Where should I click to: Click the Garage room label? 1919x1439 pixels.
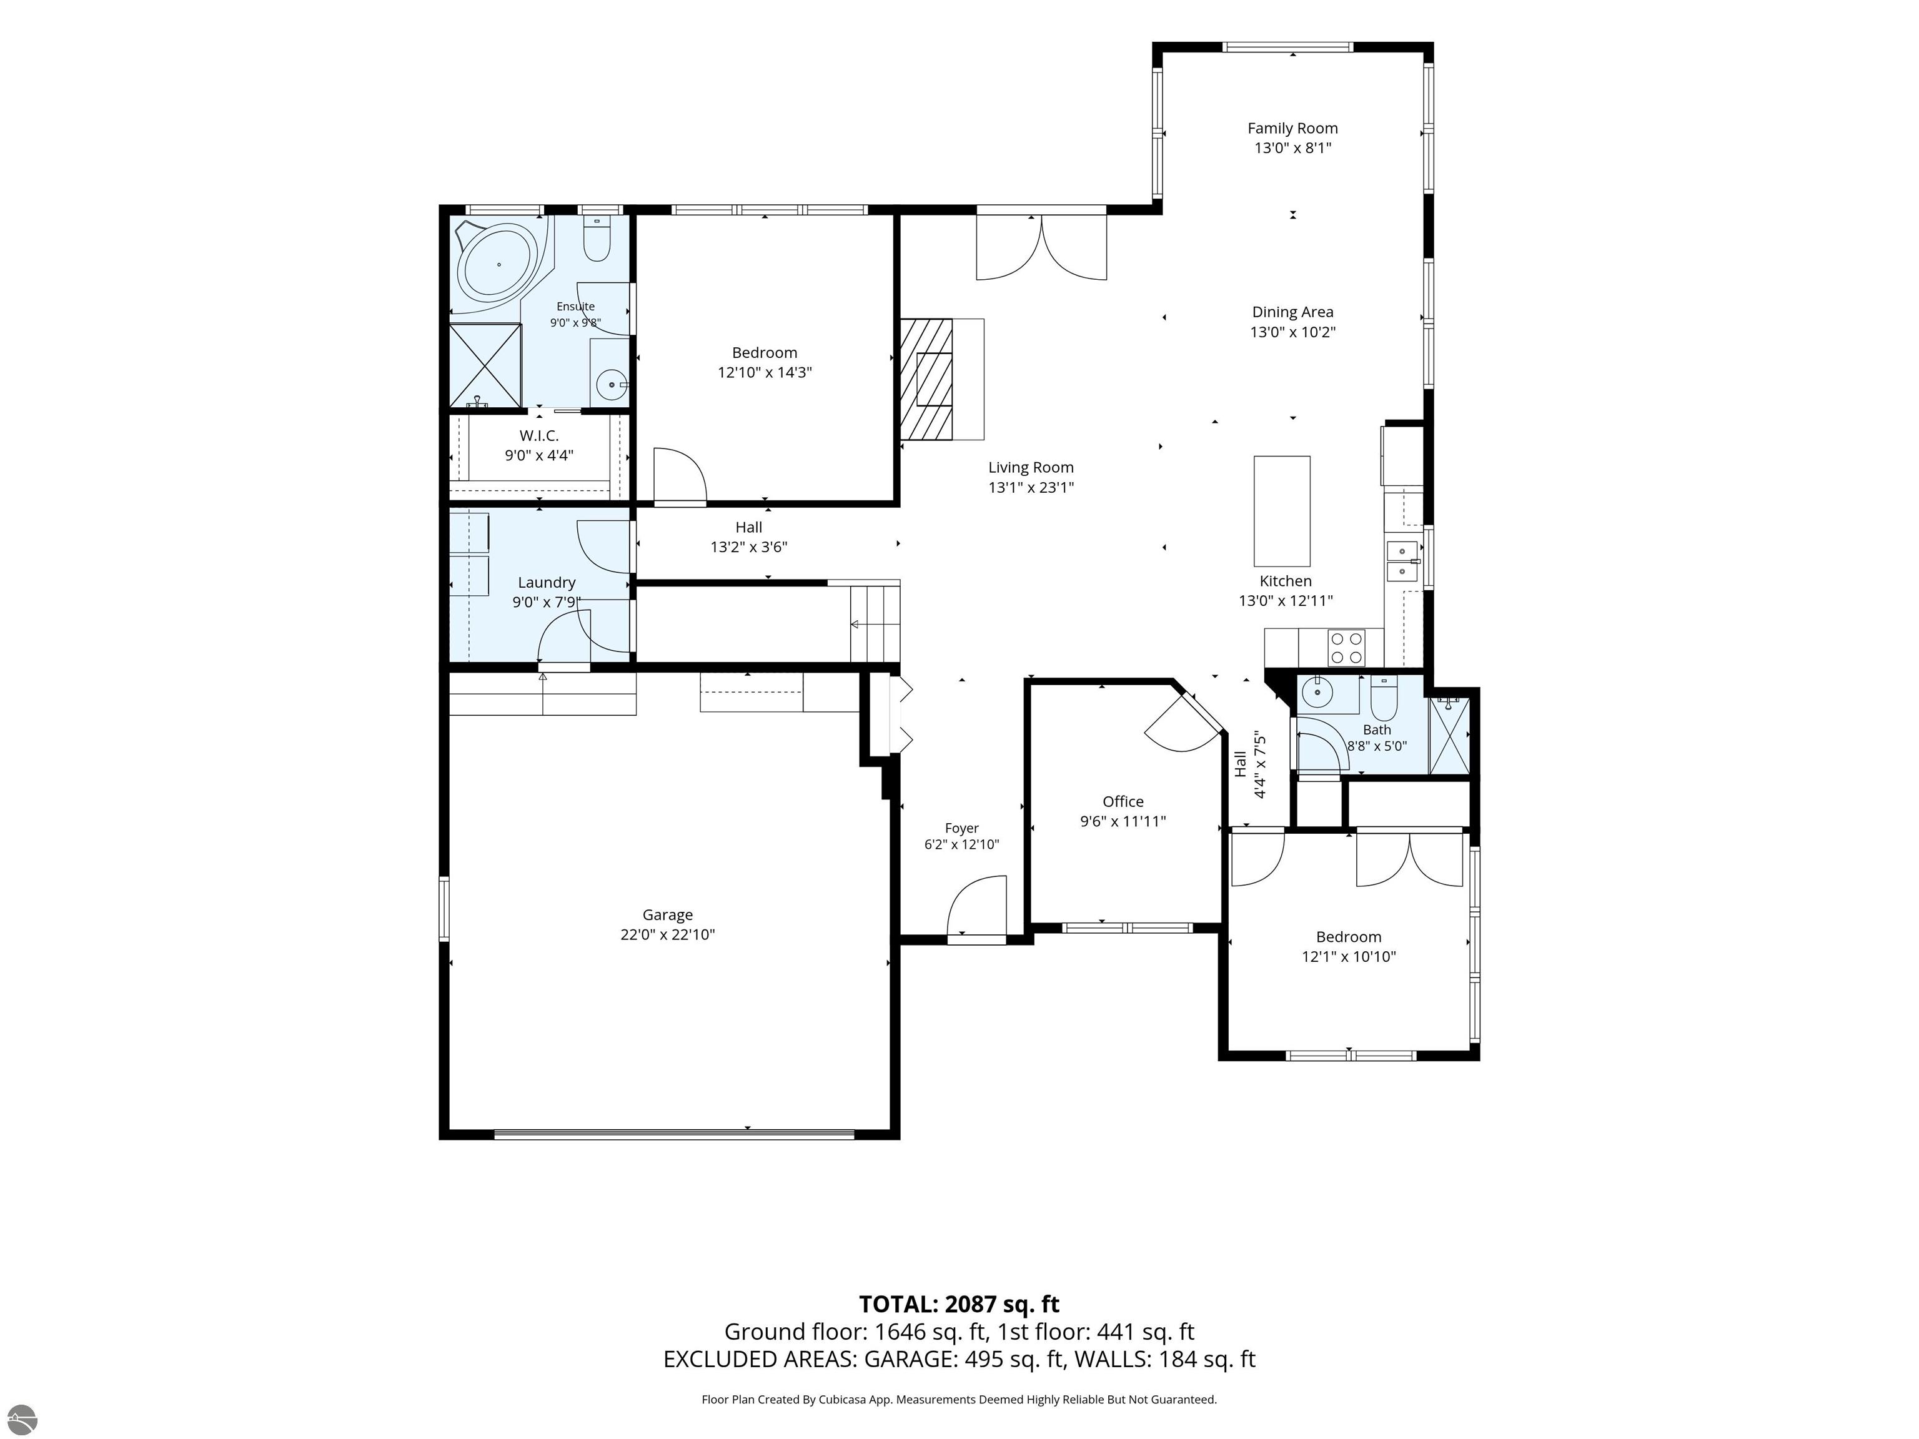[667, 914]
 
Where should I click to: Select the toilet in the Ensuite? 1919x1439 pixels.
[597, 239]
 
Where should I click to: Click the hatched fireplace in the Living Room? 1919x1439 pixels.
[926, 379]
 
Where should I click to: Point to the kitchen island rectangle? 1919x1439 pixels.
[1281, 511]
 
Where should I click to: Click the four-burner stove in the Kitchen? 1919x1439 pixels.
[1346, 647]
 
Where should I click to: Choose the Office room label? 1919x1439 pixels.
[1123, 801]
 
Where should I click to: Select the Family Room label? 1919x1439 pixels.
[1292, 129]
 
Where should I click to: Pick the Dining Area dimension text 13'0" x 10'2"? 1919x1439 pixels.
[1292, 332]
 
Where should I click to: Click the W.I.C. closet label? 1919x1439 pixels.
[538, 435]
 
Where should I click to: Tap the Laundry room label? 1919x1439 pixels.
[547, 583]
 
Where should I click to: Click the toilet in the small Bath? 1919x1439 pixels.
[1383, 698]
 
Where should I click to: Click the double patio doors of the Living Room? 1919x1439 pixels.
[1041, 246]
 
